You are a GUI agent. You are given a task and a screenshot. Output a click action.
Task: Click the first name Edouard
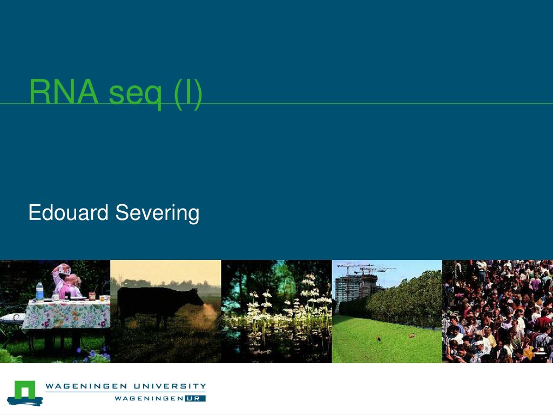69,212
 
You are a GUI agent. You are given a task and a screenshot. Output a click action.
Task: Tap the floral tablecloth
66,314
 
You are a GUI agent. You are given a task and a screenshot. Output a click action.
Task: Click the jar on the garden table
92,296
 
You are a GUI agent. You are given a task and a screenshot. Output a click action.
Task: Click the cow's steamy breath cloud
207,315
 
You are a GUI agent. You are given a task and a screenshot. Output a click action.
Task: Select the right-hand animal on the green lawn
411,336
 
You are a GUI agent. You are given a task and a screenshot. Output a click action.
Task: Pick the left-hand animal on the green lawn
379,339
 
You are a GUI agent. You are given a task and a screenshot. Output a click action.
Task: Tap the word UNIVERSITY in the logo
170,386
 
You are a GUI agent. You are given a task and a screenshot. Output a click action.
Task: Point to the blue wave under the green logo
25,401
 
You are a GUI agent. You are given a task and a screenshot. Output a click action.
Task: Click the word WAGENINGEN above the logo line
86,386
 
